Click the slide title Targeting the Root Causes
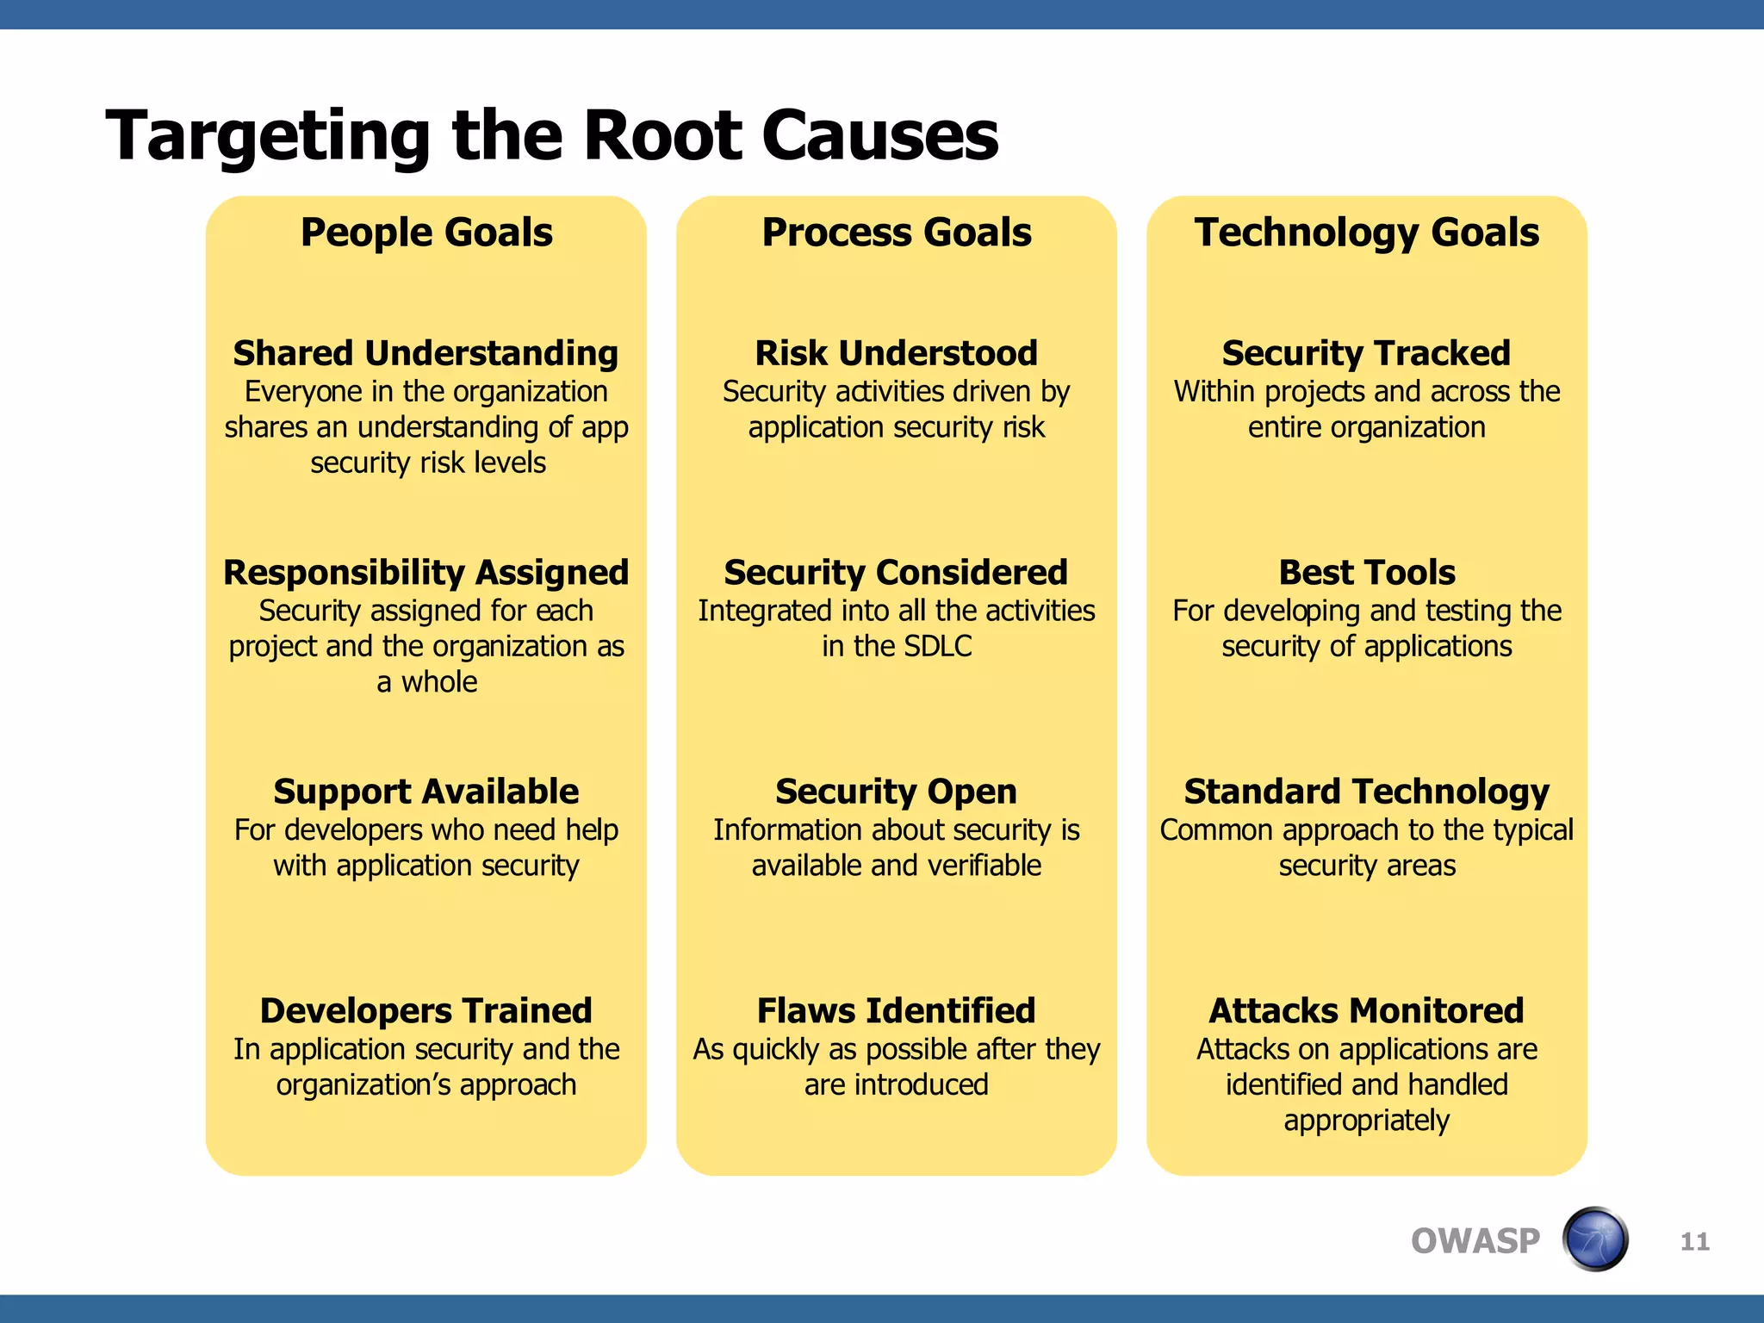(x=551, y=135)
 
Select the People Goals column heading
(x=426, y=233)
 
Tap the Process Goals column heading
(x=897, y=233)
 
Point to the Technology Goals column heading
(x=1366, y=233)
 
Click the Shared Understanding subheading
(x=425, y=353)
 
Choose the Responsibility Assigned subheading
(x=425, y=573)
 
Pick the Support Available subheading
(x=425, y=792)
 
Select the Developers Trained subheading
(x=425, y=1010)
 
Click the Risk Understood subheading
(x=896, y=353)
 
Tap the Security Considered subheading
(x=896, y=573)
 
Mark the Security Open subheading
(x=896, y=792)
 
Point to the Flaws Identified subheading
(x=896, y=1010)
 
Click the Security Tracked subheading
(x=1366, y=353)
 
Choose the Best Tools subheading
(x=1367, y=573)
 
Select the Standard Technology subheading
(x=1366, y=792)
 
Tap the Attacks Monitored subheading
(x=1366, y=1010)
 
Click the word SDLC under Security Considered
(x=935, y=646)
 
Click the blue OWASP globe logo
(x=1595, y=1239)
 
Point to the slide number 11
(x=1694, y=1241)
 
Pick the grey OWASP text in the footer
(x=1475, y=1241)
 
